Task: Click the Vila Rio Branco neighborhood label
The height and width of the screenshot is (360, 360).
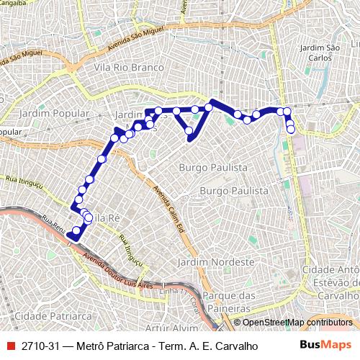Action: tap(125, 68)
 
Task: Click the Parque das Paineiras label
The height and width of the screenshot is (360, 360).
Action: tap(230, 301)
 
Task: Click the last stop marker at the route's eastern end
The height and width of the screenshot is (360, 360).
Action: tap(291, 130)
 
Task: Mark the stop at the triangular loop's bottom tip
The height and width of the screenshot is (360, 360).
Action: tap(189, 131)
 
